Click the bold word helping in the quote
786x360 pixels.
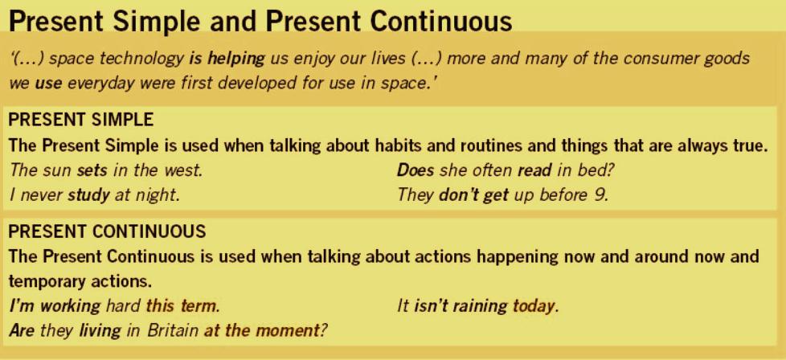(235, 59)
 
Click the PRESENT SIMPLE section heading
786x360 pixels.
(81, 121)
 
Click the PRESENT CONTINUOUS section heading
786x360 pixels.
(108, 231)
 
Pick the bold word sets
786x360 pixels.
(92, 171)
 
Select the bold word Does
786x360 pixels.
(416, 170)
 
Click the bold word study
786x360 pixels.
(88, 194)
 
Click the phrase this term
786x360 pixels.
(182, 305)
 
